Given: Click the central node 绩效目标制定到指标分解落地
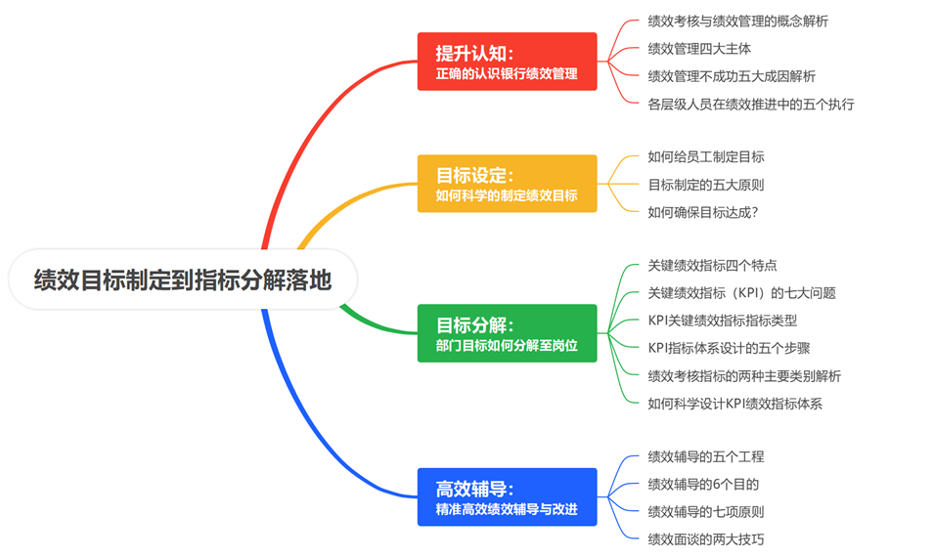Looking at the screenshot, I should click(x=183, y=281).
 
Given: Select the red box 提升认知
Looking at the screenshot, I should click(x=507, y=62).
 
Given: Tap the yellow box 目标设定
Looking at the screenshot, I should click(x=507, y=184).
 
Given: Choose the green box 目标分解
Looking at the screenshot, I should click(x=507, y=333).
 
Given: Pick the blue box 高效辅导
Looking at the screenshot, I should click(x=507, y=496).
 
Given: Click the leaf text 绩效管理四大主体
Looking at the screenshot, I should click(x=699, y=48).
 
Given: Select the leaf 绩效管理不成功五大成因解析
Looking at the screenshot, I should click(x=732, y=76).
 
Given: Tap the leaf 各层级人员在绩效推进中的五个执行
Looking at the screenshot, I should click(x=751, y=104).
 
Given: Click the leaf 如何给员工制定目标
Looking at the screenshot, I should click(x=706, y=156).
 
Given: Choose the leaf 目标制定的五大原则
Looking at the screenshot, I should click(x=706, y=184).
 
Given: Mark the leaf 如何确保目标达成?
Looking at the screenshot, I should click(x=703, y=211).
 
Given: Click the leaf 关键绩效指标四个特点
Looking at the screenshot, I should click(x=712, y=265).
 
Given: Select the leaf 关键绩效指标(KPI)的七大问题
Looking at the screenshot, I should click(x=741, y=292).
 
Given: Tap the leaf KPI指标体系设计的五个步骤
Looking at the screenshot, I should click(x=729, y=348).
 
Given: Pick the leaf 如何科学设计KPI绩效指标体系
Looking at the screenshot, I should click(x=734, y=403).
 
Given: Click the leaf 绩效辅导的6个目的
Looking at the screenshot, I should click(x=703, y=484).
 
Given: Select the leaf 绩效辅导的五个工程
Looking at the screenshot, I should click(x=706, y=456).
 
